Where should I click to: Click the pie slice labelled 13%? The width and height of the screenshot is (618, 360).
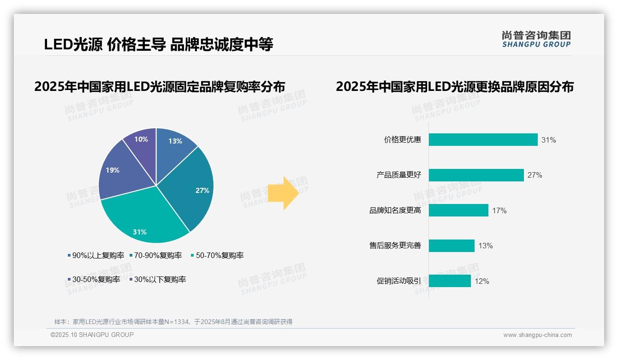[174, 144]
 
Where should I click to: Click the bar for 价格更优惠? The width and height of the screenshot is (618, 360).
[483, 140]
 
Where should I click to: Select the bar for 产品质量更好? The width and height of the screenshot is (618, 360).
[476, 175]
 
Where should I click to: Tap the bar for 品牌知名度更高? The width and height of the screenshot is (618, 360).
[458, 210]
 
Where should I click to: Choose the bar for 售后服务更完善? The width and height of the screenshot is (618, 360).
[452, 246]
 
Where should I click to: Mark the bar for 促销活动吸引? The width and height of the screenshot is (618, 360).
[450, 281]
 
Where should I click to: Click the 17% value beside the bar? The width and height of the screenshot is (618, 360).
[499, 211]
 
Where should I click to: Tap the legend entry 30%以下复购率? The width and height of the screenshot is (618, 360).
[160, 280]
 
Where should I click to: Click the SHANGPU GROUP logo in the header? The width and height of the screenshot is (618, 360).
[536, 40]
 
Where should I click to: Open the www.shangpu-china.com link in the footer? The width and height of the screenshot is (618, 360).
[537, 335]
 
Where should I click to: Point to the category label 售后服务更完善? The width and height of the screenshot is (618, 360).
[395, 246]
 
